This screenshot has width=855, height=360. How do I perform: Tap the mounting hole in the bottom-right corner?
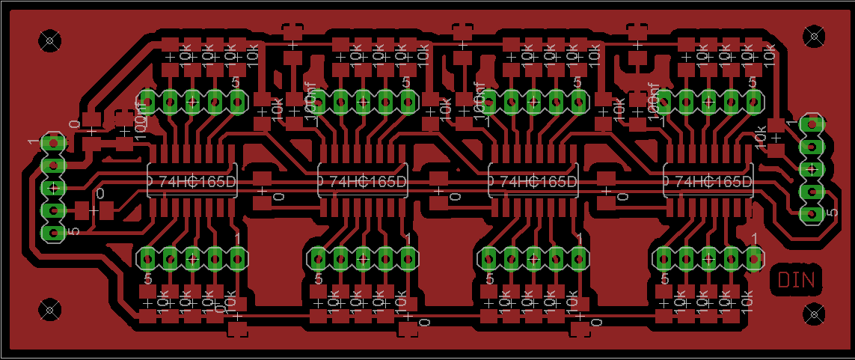click(812, 313)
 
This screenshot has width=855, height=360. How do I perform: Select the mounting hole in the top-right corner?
click(812, 36)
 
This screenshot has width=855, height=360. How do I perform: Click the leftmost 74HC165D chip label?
click(191, 181)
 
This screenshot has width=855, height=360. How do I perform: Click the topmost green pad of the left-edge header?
click(52, 141)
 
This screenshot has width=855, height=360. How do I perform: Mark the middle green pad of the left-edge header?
click(52, 187)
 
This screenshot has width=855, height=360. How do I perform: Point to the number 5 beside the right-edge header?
click(833, 214)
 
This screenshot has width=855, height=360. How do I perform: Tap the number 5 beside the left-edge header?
click(73, 231)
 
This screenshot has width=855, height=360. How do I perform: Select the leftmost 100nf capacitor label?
click(140, 116)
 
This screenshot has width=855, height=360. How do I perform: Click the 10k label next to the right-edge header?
click(760, 137)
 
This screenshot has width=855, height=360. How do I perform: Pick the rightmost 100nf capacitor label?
click(653, 106)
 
